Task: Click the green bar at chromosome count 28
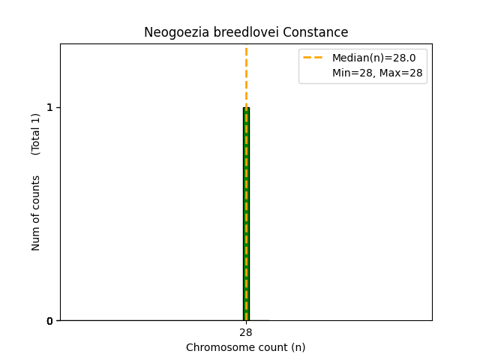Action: pos(246,225)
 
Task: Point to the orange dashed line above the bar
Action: pos(246,75)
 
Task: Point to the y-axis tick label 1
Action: pos(50,107)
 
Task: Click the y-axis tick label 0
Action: pos(50,321)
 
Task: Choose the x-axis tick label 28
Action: pos(246,332)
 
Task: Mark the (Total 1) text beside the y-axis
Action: pos(36,134)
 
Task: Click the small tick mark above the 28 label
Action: pos(246,322)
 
